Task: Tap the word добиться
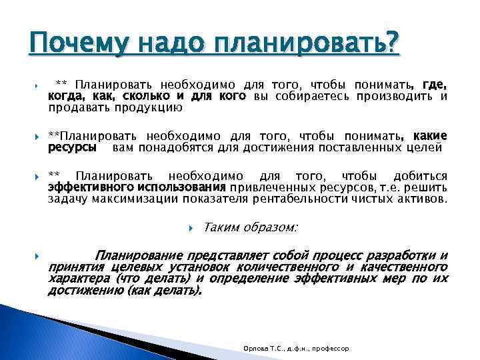click(420, 177)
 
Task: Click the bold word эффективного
click(90, 187)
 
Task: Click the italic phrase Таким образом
click(250, 227)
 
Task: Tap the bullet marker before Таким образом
click(191, 228)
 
